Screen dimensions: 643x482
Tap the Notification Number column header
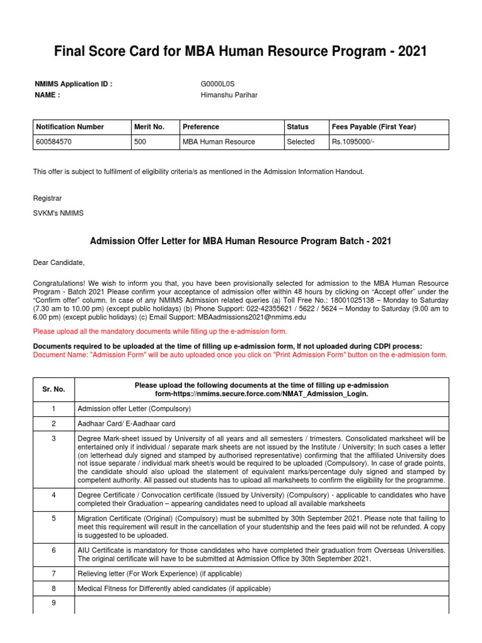click(x=70, y=127)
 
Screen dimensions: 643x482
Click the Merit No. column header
click(x=149, y=127)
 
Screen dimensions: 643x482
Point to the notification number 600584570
click(x=54, y=142)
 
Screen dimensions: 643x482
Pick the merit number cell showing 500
click(x=141, y=142)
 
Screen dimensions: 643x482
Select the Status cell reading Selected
click(x=301, y=142)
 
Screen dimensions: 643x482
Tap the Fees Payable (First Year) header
click(x=374, y=127)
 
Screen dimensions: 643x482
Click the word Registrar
click(x=48, y=198)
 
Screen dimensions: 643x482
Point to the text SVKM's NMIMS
click(x=58, y=213)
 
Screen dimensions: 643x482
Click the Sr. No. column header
click(x=54, y=389)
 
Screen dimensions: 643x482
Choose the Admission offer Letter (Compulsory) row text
click(x=134, y=409)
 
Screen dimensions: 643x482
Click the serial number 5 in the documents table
click(x=54, y=519)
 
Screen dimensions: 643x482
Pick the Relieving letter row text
click(x=159, y=574)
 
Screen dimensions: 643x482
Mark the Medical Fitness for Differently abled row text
click(x=173, y=589)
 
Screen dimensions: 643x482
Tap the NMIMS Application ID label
click(x=73, y=84)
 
